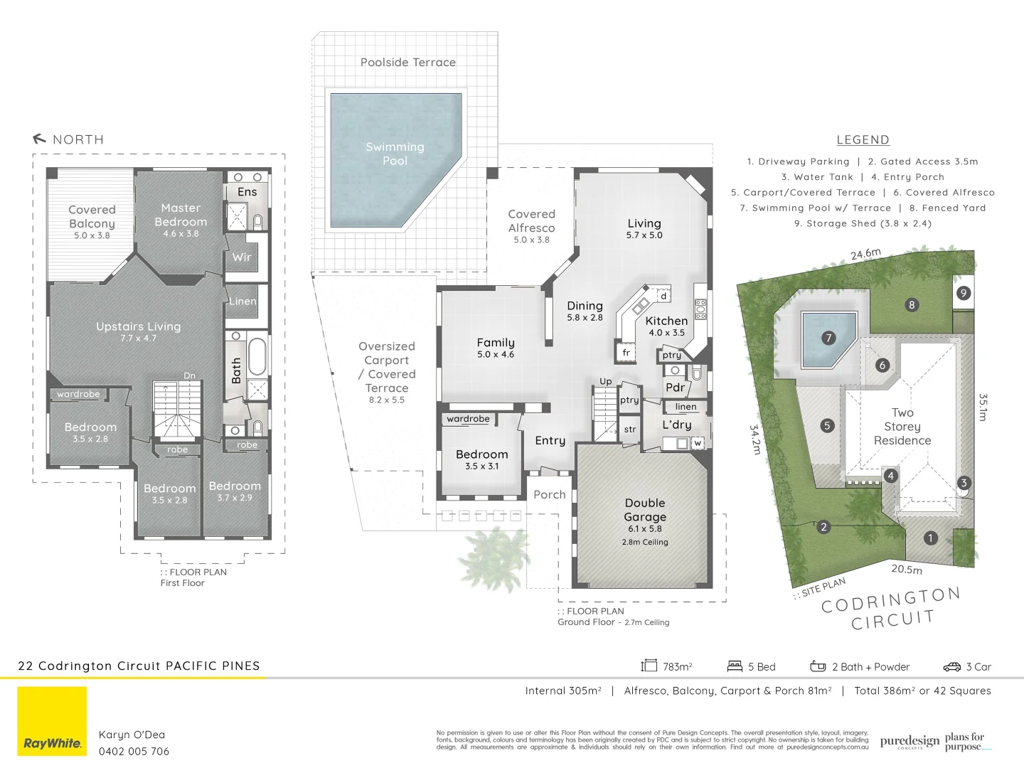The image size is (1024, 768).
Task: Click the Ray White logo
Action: point(52,721)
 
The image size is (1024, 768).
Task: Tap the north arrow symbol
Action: point(40,139)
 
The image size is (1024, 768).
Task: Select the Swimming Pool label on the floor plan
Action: point(395,154)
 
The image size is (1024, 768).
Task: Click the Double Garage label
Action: point(645,510)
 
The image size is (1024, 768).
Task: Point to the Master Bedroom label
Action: point(181,215)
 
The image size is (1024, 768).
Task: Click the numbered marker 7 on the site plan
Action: point(828,338)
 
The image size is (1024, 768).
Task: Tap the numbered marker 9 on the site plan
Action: point(964,293)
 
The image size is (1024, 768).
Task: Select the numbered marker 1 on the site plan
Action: point(930,538)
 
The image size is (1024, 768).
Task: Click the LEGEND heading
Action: point(863,140)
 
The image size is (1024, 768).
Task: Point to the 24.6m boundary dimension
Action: point(865,254)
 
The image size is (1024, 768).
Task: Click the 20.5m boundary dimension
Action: point(907,569)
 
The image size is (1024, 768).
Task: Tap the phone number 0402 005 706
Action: point(134,751)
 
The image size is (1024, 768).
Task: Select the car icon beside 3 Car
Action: point(951,666)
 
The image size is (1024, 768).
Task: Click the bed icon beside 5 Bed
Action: point(735,666)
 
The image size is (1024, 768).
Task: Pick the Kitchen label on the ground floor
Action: point(666,321)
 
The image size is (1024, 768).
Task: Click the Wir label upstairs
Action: point(242,257)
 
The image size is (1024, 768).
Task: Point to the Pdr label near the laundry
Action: point(675,388)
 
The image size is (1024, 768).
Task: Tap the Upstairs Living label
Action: point(139,326)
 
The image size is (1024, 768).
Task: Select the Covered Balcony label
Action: point(92,216)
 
